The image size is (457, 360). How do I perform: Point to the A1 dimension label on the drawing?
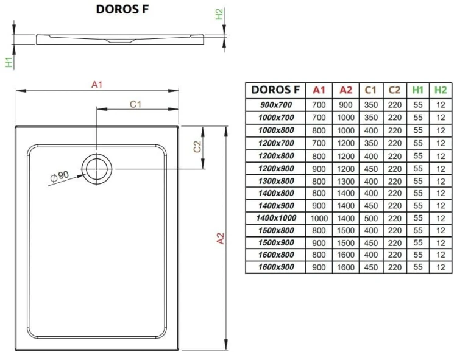[96, 85]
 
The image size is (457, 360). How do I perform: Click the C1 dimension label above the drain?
[136, 104]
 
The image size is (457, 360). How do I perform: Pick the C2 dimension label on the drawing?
[197, 147]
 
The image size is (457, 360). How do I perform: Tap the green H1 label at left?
[9, 62]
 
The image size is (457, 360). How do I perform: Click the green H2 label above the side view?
[220, 15]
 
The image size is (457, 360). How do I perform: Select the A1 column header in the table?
[319, 90]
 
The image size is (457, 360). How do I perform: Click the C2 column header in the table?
[394, 90]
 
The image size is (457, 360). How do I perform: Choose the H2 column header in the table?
[440, 90]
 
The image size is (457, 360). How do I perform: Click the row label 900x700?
[275, 104]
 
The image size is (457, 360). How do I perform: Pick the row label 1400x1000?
[275, 217]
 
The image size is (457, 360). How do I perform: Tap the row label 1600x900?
[275, 267]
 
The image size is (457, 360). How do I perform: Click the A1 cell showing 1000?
[319, 217]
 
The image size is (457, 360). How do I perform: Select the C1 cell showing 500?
[370, 217]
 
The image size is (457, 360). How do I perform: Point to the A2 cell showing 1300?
[345, 180]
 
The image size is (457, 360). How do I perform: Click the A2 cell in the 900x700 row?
[345, 104]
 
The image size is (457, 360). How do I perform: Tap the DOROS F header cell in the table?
[275, 90]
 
